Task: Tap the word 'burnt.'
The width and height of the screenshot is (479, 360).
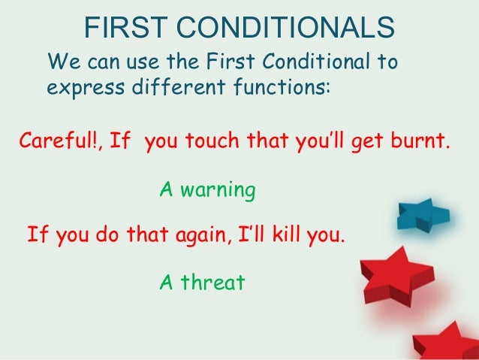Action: click(x=419, y=140)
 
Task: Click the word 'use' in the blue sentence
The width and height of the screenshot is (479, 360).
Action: click(x=143, y=60)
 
